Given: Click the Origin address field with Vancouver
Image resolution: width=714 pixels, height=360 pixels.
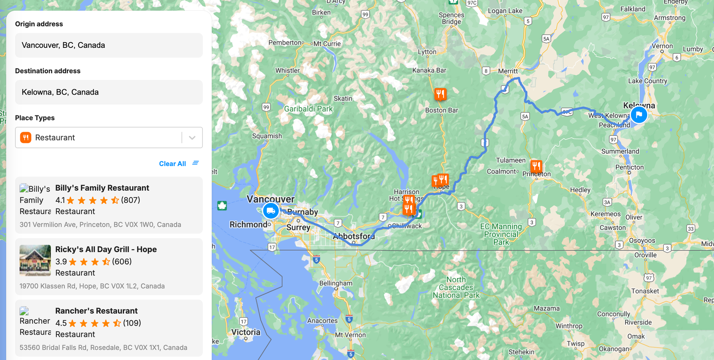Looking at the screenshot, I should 109,45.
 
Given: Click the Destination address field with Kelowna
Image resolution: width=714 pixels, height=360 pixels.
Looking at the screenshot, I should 109,92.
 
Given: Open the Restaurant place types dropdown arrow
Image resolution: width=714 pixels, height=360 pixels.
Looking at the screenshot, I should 192,137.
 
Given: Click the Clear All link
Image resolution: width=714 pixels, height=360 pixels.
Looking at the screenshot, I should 172,164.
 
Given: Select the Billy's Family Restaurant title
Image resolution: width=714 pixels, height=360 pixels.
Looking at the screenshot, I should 102,188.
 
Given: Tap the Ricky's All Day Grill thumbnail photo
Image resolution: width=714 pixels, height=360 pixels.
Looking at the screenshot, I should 35,260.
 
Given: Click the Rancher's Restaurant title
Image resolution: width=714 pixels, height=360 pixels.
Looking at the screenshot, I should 96,311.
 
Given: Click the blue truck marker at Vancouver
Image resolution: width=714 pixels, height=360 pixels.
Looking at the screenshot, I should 271,211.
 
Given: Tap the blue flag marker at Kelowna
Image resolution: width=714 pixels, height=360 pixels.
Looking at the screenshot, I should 639,115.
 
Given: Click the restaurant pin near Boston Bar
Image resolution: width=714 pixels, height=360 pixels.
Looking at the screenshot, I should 440,94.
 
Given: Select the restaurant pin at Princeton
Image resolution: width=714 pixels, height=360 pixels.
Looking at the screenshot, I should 536,166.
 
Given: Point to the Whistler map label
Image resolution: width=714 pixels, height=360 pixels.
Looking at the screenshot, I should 287,71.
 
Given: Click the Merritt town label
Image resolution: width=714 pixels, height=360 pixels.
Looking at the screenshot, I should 508,71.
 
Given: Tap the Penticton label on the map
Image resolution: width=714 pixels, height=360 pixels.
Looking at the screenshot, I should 629,167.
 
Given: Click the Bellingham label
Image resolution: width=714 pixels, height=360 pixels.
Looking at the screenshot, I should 336,283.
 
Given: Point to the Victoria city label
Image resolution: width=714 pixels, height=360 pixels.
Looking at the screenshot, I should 246,332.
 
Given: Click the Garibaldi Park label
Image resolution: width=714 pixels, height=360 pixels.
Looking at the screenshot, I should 308,109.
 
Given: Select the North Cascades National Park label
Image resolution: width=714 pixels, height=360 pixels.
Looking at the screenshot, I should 456,287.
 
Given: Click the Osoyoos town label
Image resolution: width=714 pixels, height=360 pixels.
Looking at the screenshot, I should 642,240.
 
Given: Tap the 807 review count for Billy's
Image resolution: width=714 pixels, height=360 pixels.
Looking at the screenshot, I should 131,200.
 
